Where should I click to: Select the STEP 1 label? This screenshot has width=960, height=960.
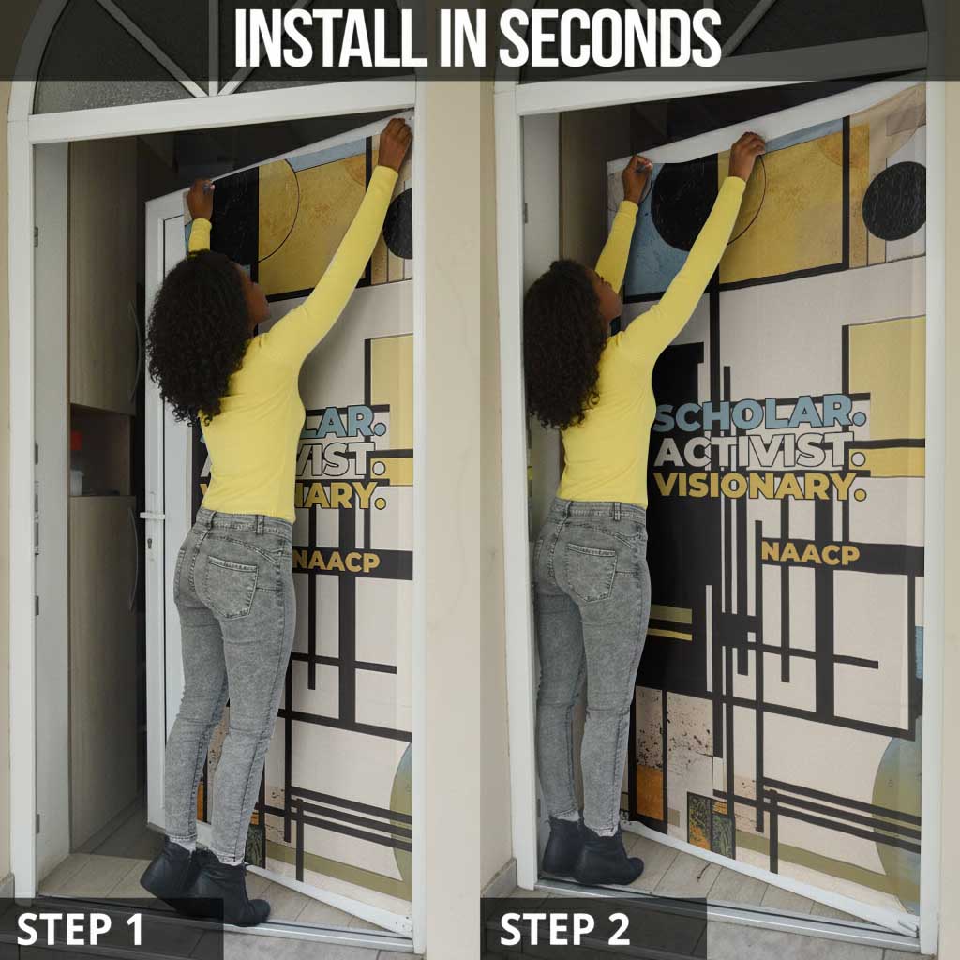(x=80, y=929)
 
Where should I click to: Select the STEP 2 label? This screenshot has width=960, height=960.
(x=564, y=929)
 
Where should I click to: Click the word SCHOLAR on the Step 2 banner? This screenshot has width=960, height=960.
(x=759, y=413)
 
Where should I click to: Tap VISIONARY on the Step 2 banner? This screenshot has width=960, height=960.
(x=759, y=486)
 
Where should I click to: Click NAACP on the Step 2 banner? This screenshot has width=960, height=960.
(x=811, y=553)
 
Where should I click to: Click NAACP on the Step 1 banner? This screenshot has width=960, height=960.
(x=337, y=562)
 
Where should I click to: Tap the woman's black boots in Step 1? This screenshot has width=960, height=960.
(x=205, y=881)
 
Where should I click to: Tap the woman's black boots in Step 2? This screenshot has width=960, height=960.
(x=591, y=851)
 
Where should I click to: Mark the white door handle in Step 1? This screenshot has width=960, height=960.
(x=152, y=517)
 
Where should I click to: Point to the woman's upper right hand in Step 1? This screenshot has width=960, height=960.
(x=395, y=143)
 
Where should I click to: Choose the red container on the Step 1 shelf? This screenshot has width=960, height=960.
(x=76, y=441)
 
